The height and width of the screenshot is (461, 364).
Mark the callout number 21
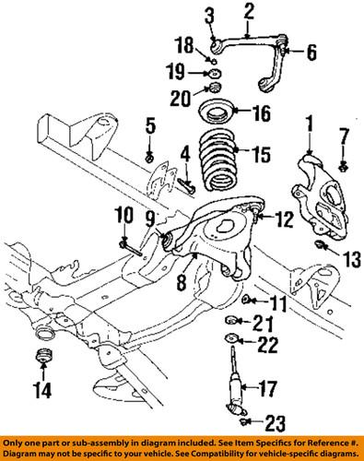tap(264, 322)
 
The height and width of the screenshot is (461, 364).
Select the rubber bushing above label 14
tap(41, 358)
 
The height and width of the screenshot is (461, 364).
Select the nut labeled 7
tap(344, 167)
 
